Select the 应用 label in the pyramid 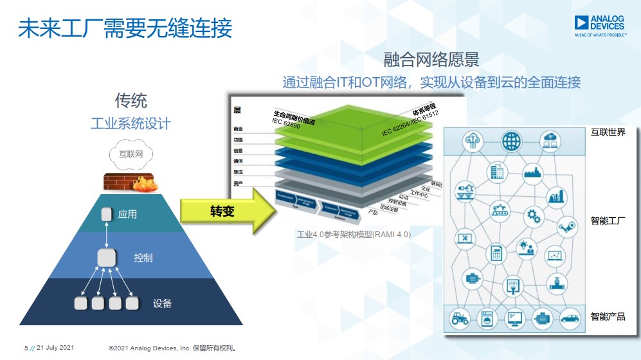coord(127,214)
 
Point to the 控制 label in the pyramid coord(143,258)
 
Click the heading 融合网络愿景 coord(431,60)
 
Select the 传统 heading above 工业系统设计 coord(131,100)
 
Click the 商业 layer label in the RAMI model coord(238,129)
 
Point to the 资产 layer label coord(238,184)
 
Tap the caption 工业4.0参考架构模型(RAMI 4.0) coord(354,235)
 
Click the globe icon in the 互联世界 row coord(512,140)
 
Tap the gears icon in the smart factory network coord(535,214)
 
